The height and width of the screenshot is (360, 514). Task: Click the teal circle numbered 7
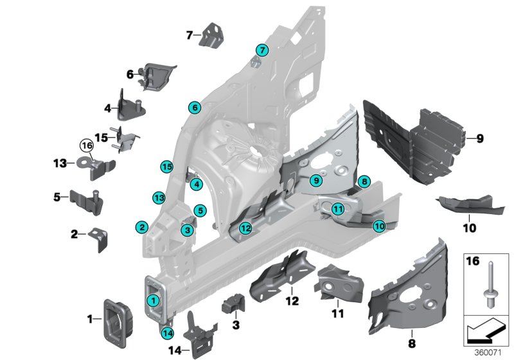point(261,50)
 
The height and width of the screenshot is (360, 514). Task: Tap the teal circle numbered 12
point(245,228)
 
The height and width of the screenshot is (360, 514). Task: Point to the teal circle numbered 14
point(168,333)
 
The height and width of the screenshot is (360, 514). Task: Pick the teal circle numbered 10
point(379,226)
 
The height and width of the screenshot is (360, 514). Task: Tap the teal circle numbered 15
point(166,166)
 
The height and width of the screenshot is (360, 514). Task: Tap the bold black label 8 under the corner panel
point(412,335)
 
